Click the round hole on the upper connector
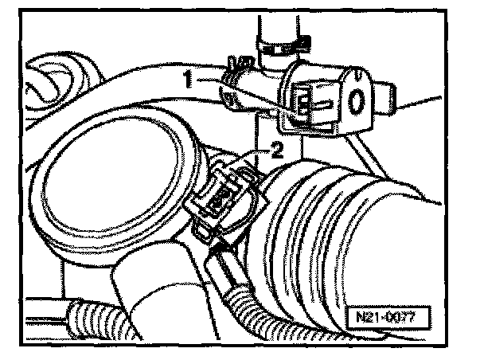coord(357,100)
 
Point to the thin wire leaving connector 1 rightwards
coord(418,101)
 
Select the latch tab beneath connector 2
coord(209,233)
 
